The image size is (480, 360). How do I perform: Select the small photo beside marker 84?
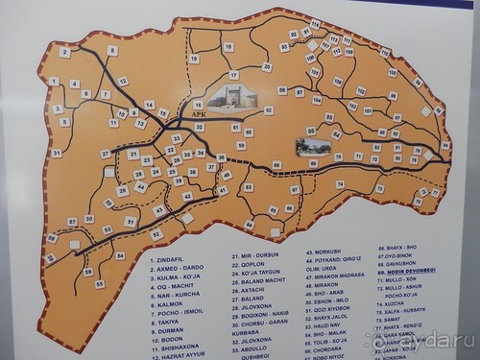coord(312,147)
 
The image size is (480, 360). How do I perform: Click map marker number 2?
coord(64,52)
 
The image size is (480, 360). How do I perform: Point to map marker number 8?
coord(112,51)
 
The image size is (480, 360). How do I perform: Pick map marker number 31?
coord(57,153)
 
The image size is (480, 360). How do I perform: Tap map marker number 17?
coord(233,74)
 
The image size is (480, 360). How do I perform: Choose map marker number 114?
coord(315,22)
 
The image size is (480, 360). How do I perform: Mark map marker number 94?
coord(445,145)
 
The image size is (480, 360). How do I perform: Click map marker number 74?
coord(340,184)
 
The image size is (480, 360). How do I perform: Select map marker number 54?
coord(120,256)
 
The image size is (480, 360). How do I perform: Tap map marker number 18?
coord(228,46)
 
